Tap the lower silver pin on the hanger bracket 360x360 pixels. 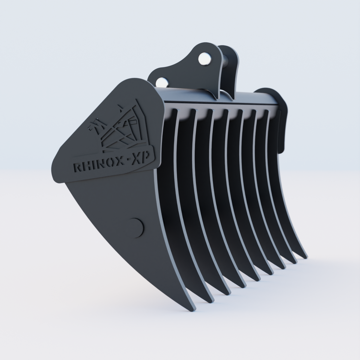162,82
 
